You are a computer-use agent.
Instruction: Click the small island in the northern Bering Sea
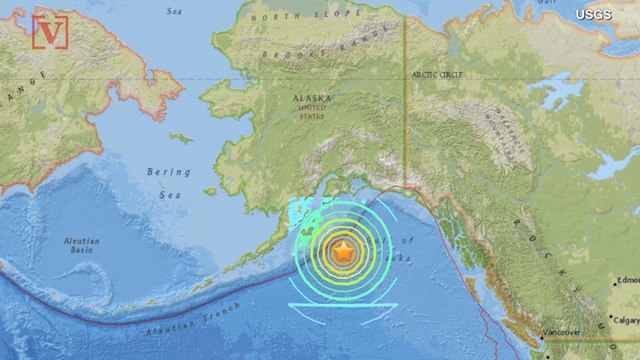point(180,137)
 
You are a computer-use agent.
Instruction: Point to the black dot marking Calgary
point(608,320)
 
